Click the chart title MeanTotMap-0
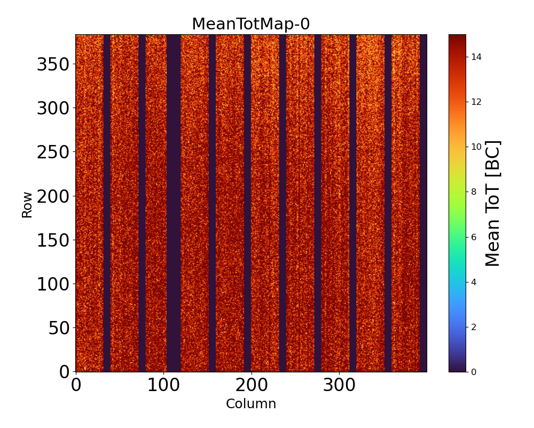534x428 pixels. click(251, 25)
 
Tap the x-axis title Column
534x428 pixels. click(251, 404)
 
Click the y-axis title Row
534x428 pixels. click(27, 205)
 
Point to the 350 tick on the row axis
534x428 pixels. click(54, 65)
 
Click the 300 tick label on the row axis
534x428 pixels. click(54, 109)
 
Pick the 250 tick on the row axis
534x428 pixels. click(54, 152)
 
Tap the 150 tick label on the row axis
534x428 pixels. click(54, 240)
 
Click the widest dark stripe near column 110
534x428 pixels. click(174, 203)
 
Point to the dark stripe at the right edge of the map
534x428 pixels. click(423, 203)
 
